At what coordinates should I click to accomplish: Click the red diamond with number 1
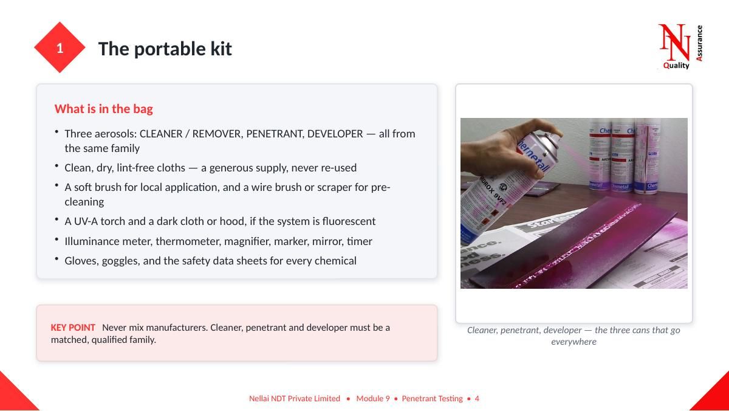[60, 47]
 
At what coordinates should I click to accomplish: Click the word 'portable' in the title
[170, 49]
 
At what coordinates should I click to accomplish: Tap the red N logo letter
[674, 43]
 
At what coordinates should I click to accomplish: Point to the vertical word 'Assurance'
[699, 43]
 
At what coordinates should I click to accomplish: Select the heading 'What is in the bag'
[103, 109]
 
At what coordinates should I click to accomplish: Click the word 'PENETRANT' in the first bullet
[275, 134]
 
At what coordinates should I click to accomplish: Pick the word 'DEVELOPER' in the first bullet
[335, 134]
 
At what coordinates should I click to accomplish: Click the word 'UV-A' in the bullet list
[86, 221]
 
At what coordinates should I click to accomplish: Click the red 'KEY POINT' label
[73, 328]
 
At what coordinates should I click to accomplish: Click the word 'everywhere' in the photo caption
[573, 342]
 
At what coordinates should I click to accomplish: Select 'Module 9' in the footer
[373, 399]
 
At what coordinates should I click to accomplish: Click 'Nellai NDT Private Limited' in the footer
[295, 399]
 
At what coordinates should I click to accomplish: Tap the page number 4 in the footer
[477, 399]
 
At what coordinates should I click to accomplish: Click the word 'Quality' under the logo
[676, 66]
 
